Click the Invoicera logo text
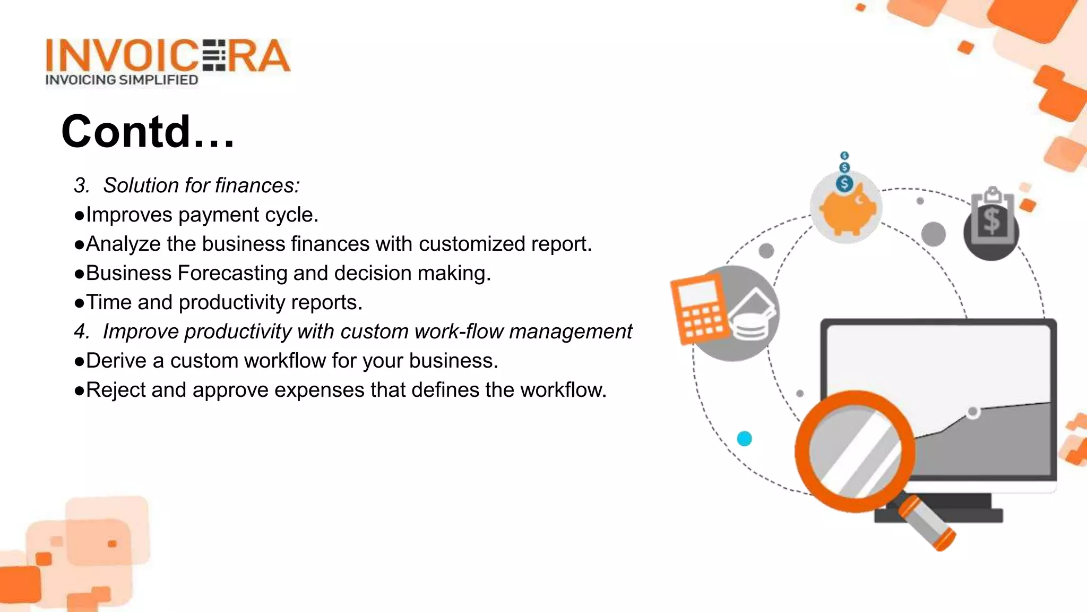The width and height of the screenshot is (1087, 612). click(x=167, y=55)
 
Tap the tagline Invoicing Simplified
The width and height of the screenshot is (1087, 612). click(x=122, y=80)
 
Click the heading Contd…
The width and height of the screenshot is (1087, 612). click(x=148, y=131)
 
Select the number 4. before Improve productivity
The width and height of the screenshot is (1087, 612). click(x=82, y=331)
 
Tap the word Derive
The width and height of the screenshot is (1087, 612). click(x=116, y=361)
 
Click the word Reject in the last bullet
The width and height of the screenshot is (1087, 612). click(x=115, y=390)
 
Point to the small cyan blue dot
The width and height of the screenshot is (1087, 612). click(x=745, y=438)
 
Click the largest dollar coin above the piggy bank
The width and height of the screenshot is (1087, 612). click(x=844, y=184)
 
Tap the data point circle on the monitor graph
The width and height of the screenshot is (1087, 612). click(x=973, y=412)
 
